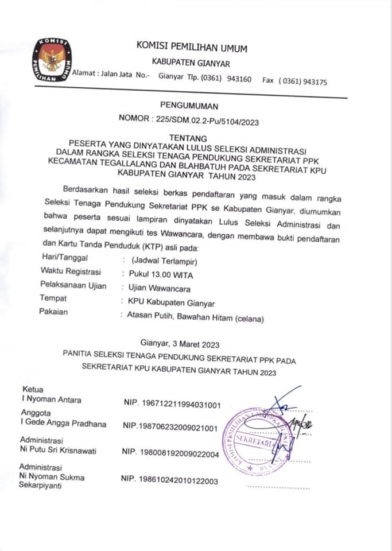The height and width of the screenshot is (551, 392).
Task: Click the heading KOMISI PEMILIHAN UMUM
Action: click(x=192, y=48)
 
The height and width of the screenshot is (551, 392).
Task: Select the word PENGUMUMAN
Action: click(x=189, y=106)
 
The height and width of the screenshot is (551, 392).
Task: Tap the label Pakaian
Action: click(x=53, y=312)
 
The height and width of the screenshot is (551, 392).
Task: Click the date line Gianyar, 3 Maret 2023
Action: click(x=180, y=344)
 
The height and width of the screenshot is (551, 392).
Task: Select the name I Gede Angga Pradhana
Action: click(x=63, y=424)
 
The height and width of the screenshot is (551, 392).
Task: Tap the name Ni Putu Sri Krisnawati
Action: click(x=57, y=451)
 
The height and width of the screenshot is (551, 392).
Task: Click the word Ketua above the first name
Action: click(x=32, y=389)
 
